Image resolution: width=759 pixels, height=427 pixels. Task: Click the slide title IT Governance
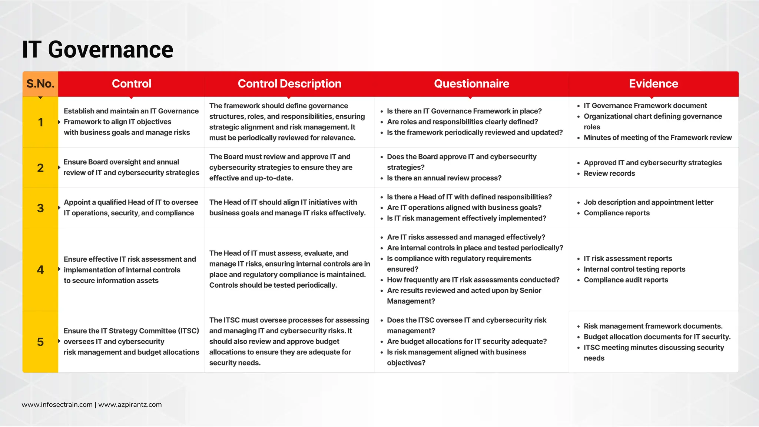click(97, 50)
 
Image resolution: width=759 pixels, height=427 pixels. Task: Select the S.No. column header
click(40, 84)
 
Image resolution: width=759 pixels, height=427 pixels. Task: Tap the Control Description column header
click(289, 84)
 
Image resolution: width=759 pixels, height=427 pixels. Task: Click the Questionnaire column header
click(471, 84)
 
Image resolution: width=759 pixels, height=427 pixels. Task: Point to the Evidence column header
click(653, 84)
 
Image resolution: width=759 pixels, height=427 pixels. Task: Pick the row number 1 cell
click(40, 122)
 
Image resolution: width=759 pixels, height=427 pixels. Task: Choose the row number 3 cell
click(40, 208)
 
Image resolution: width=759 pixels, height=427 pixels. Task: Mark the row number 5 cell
click(40, 342)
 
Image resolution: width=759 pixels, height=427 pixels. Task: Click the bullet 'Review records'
click(609, 173)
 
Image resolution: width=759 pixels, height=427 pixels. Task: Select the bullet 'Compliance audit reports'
click(626, 280)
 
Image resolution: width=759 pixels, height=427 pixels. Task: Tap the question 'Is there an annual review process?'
click(444, 178)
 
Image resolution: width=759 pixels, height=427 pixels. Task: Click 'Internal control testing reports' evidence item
click(634, 269)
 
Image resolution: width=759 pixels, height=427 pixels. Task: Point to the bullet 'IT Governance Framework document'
click(645, 106)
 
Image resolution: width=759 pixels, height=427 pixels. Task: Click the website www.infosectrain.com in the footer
click(57, 405)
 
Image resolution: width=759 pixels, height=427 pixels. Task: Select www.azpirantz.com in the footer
click(130, 405)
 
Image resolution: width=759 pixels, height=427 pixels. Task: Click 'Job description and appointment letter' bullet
click(648, 202)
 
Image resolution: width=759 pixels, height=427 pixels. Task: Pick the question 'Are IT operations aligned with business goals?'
click(464, 208)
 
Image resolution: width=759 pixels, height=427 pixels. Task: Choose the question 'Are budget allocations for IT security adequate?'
click(467, 342)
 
